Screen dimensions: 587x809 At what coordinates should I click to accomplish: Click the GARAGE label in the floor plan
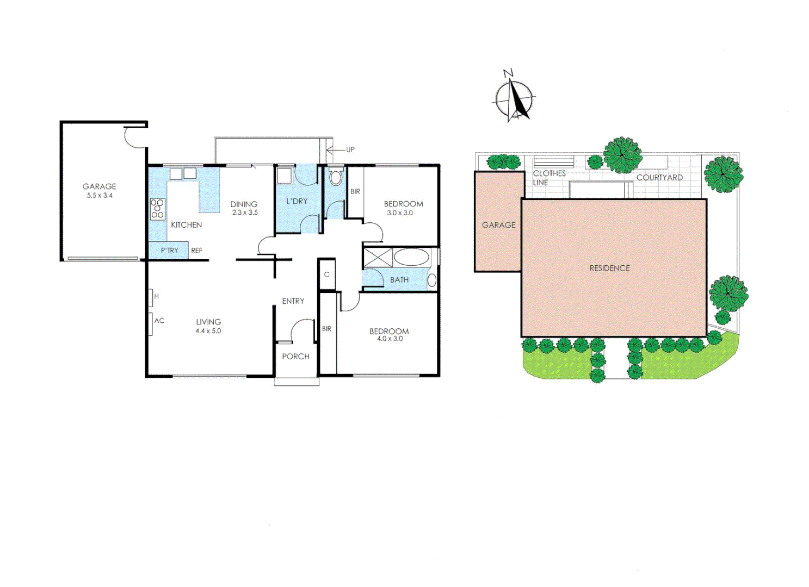coord(99,186)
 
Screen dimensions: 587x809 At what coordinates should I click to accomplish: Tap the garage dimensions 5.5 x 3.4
coord(99,196)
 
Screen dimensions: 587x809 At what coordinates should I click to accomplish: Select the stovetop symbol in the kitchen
coord(157,209)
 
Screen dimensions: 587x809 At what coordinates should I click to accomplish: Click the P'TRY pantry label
coord(169,251)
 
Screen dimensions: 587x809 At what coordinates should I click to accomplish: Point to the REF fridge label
coord(196,251)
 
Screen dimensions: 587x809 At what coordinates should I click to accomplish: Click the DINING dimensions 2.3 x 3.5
coord(245,213)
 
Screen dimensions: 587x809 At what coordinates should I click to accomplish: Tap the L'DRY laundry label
coord(297,201)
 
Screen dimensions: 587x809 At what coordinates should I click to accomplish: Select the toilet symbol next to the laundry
coord(336,176)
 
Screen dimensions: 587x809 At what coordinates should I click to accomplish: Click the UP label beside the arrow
coord(350,149)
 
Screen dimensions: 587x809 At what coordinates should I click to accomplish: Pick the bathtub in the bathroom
coord(411,258)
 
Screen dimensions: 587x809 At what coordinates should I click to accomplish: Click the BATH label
coord(399,280)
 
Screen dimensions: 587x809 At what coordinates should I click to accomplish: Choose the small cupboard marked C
coord(326,274)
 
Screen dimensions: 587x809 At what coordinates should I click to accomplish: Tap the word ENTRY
coord(293,301)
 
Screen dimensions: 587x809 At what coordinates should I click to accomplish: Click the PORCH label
coord(295,357)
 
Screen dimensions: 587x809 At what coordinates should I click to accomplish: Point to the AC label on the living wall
coord(159,321)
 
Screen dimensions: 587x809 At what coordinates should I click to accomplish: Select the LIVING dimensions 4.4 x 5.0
coord(208,330)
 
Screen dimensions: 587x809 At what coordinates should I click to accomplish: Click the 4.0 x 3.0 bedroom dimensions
coord(390,339)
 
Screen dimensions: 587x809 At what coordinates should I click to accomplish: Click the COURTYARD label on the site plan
coord(659,177)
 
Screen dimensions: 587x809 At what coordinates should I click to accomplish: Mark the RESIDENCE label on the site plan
coord(609,268)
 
